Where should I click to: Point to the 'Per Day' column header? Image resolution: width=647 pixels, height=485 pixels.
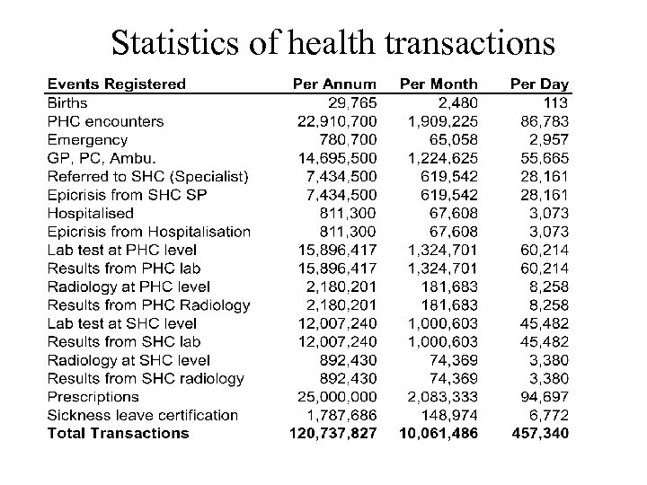(x=539, y=84)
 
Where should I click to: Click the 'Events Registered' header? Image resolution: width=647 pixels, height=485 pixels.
(x=116, y=84)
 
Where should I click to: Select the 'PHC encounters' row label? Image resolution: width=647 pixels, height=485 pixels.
(x=105, y=121)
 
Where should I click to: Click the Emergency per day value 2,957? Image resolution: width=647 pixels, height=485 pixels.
(x=548, y=139)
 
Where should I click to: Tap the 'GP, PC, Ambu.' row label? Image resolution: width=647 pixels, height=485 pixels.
(x=101, y=158)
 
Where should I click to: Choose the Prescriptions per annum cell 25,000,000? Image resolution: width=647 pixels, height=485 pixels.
(x=338, y=397)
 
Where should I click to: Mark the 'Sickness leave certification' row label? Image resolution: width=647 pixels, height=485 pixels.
(x=142, y=415)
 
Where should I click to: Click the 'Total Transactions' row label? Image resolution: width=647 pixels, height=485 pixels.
(x=118, y=433)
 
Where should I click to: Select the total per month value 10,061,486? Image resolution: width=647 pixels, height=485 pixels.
(x=434, y=433)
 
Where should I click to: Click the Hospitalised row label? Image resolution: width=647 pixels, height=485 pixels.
(x=90, y=213)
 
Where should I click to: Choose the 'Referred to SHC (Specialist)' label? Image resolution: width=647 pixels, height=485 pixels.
(x=147, y=176)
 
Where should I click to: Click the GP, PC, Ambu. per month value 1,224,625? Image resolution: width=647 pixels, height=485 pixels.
(x=438, y=158)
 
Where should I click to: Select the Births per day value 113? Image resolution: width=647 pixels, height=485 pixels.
(x=555, y=102)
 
